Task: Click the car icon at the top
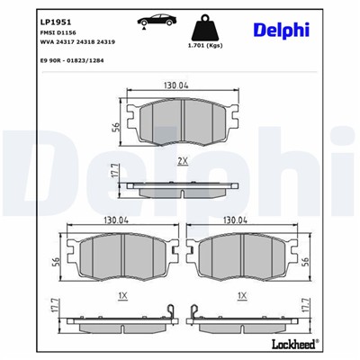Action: pos(150,21)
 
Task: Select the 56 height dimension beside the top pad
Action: pos(117,126)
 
